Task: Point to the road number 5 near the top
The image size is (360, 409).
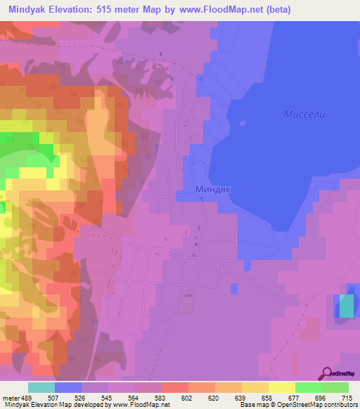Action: coord(160,54)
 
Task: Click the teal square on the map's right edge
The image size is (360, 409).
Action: coord(347,306)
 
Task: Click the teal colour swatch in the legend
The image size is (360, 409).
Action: coord(41,387)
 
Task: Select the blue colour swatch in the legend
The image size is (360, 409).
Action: coord(68,387)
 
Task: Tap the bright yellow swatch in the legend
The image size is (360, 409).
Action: coord(281,387)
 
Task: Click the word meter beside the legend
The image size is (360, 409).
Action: coord(9,397)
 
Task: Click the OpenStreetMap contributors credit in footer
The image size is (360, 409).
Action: coord(316,405)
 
